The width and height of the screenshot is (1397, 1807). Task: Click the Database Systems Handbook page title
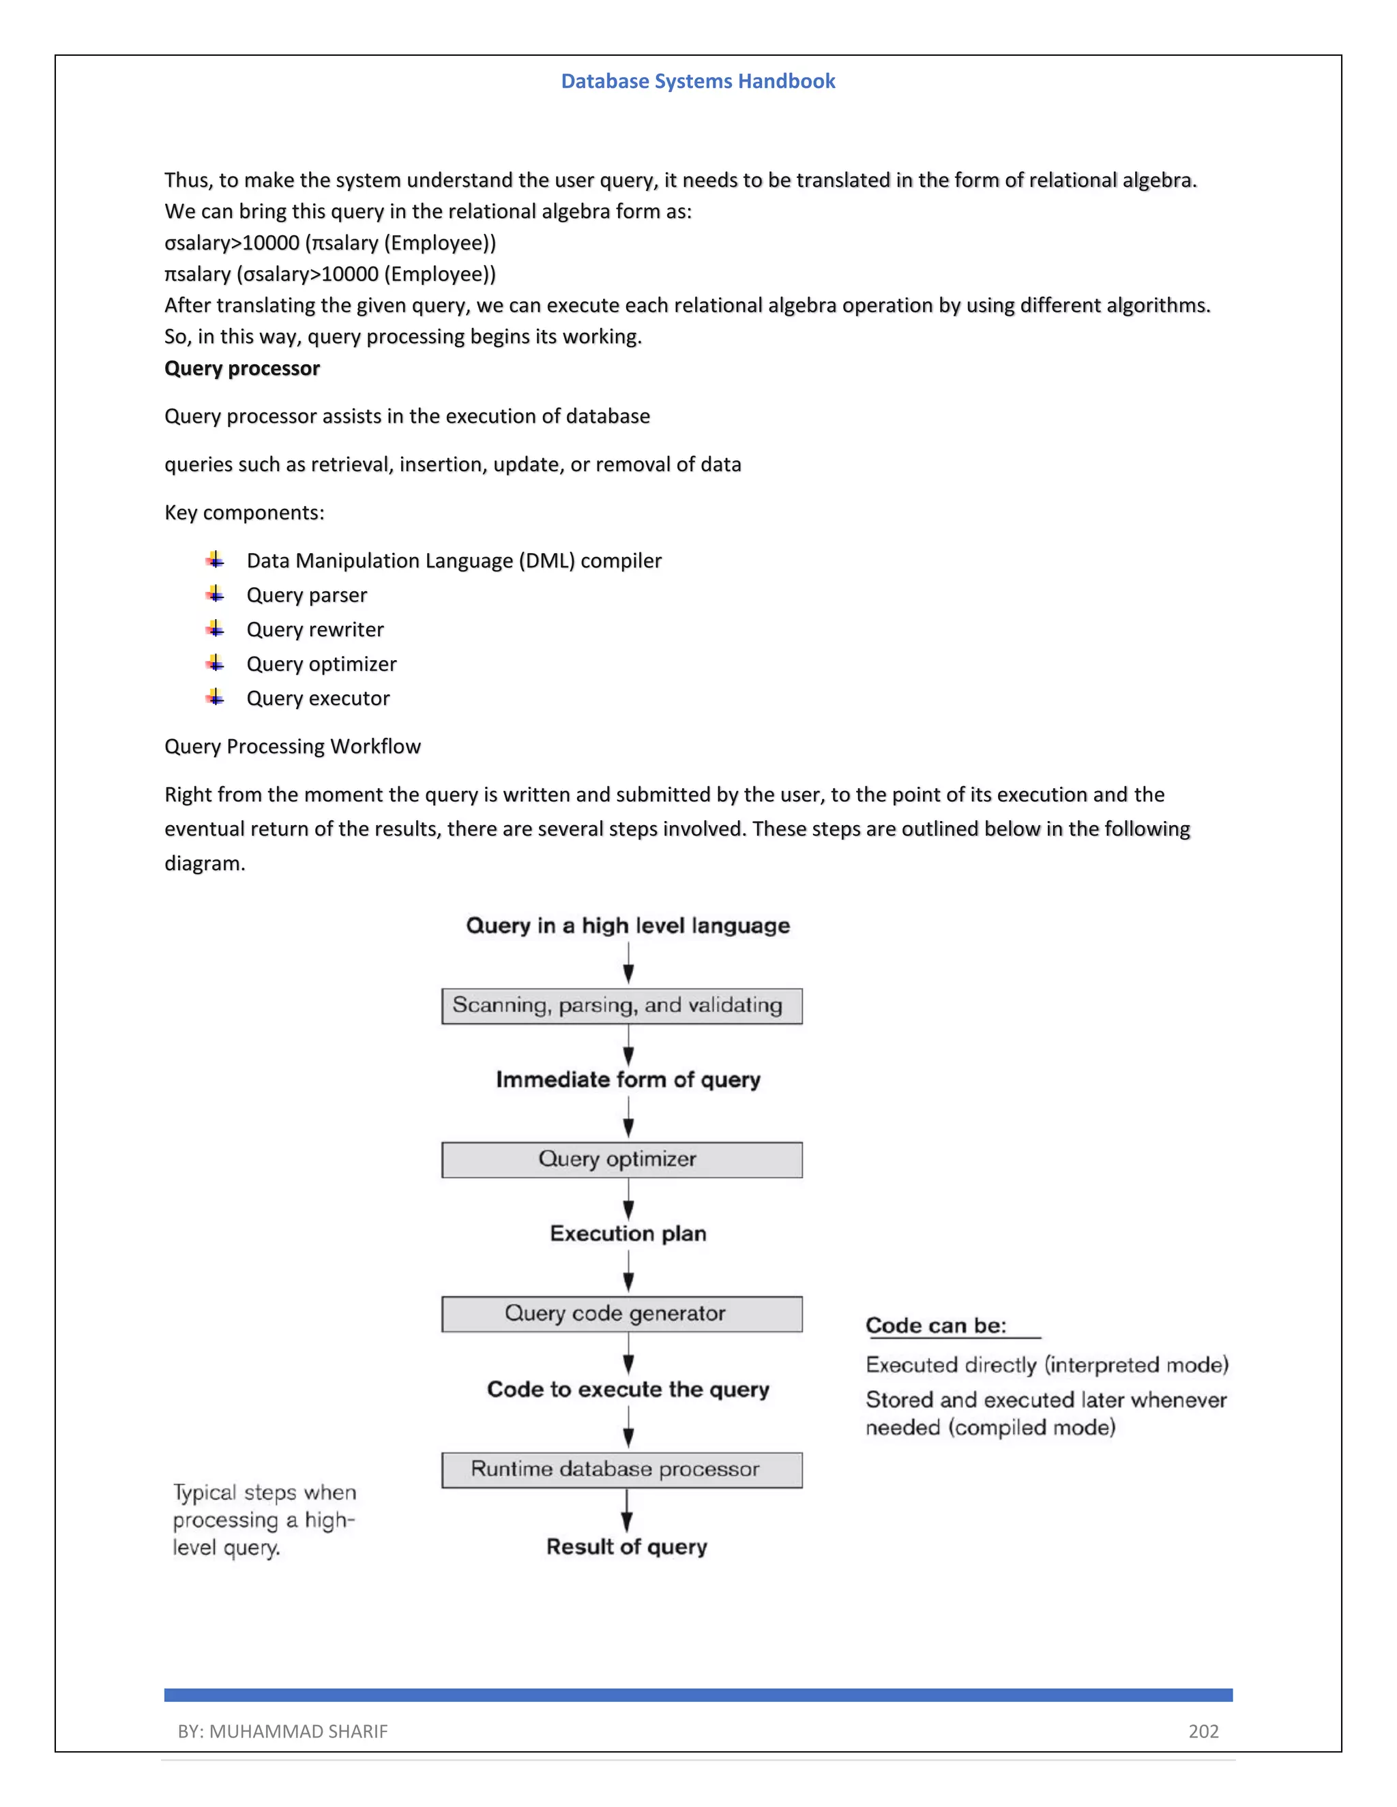[698, 81]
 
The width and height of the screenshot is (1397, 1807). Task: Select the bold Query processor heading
[241, 368]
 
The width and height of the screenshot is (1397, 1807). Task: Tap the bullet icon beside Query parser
[215, 594]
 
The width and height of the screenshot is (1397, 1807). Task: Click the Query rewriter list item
[314, 629]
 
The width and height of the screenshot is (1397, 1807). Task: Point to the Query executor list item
[318, 698]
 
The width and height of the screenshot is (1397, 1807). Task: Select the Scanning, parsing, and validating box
[621, 1006]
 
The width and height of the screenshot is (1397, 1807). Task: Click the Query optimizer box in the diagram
[621, 1159]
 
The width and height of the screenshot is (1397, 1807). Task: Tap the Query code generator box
[621, 1313]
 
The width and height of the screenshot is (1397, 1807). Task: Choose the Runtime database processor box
[621, 1469]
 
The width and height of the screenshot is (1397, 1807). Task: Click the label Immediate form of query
[628, 1079]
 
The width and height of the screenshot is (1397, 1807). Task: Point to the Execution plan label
[628, 1234]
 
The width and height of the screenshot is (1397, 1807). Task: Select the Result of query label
[626, 1547]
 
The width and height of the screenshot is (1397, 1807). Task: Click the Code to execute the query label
[628, 1389]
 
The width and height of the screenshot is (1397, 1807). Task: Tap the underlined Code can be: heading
[936, 1326]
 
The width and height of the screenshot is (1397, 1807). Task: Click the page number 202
[1203, 1731]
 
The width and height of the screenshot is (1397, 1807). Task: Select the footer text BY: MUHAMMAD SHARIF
[282, 1731]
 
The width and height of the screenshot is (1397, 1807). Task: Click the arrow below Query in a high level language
[628, 962]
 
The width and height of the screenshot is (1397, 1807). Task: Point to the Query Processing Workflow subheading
[292, 746]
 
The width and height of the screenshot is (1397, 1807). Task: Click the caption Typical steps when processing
[263, 1520]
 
